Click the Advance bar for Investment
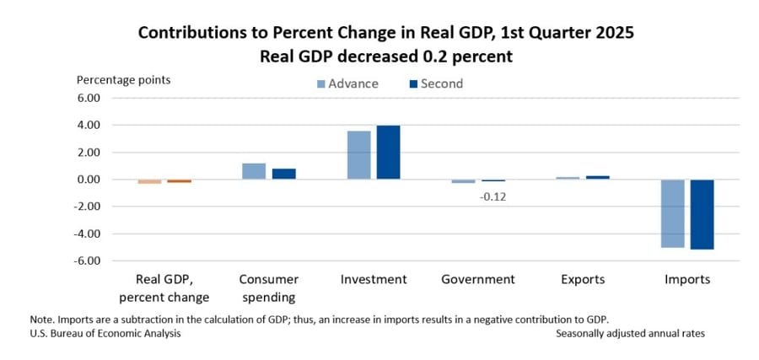click(358, 155)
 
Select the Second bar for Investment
click(388, 153)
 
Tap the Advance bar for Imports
click(672, 213)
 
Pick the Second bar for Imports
click(702, 214)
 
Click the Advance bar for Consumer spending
click(254, 171)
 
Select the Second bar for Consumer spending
click(283, 174)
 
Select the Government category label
click(477, 279)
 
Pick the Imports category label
click(687, 279)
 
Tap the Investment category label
click(374, 279)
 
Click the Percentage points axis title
click(123, 80)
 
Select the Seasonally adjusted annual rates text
click(630, 333)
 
